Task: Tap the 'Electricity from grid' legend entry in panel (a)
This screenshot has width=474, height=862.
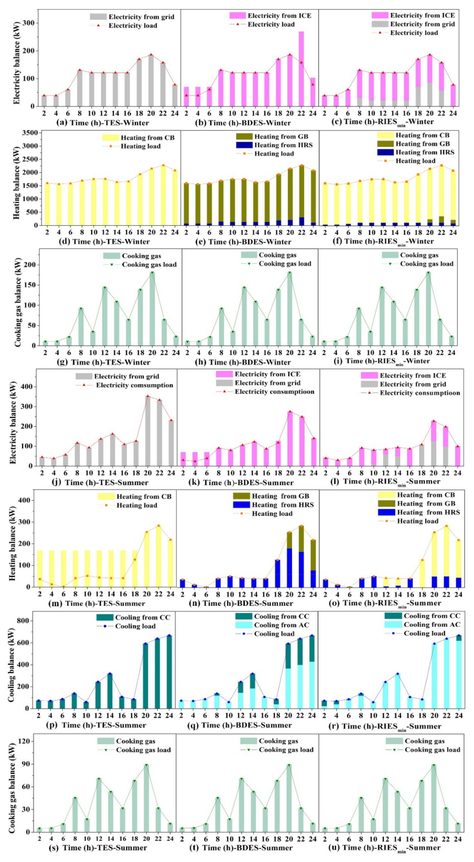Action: click(x=141, y=17)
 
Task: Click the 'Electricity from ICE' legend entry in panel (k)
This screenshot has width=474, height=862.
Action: click(x=267, y=374)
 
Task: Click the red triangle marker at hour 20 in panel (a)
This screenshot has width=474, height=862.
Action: click(x=151, y=55)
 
